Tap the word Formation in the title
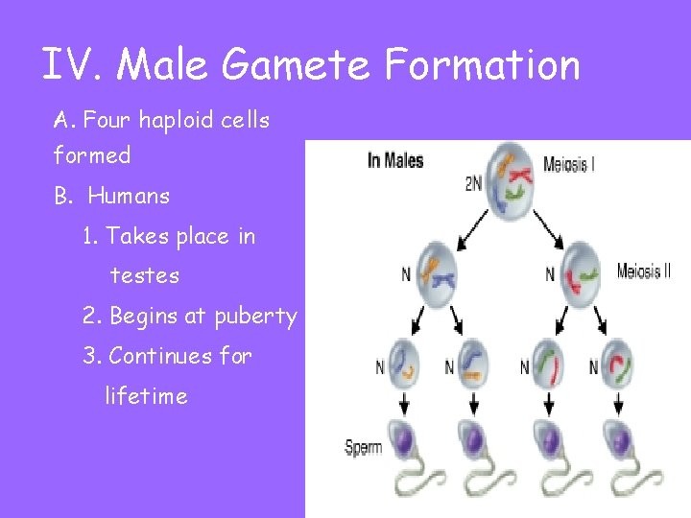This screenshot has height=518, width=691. click(x=483, y=65)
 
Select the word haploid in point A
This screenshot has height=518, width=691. click(x=177, y=121)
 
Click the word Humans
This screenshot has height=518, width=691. click(x=129, y=196)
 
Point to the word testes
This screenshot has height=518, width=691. click(x=145, y=276)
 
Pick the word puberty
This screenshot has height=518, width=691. click(x=257, y=317)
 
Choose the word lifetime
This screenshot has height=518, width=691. click(x=146, y=396)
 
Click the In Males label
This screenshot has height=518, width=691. click(x=395, y=160)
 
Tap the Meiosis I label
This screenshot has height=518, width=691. click(x=568, y=163)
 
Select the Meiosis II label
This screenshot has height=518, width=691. click(x=643, y=271)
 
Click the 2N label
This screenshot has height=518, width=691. click(x=473, y=183)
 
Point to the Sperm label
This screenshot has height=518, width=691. click(x=363, y=447)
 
